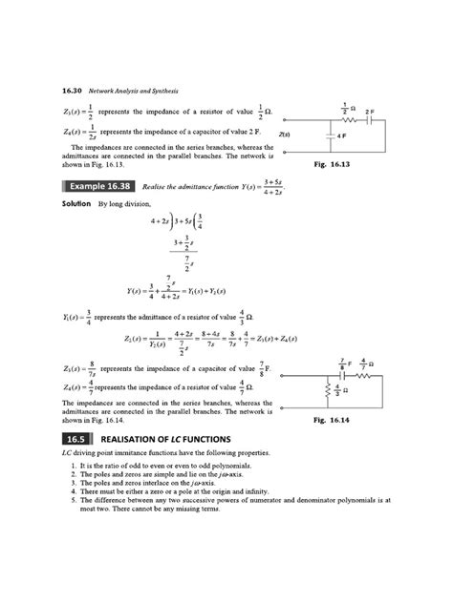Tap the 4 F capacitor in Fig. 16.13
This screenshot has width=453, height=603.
pyautogui.click(x=331, y=135)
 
